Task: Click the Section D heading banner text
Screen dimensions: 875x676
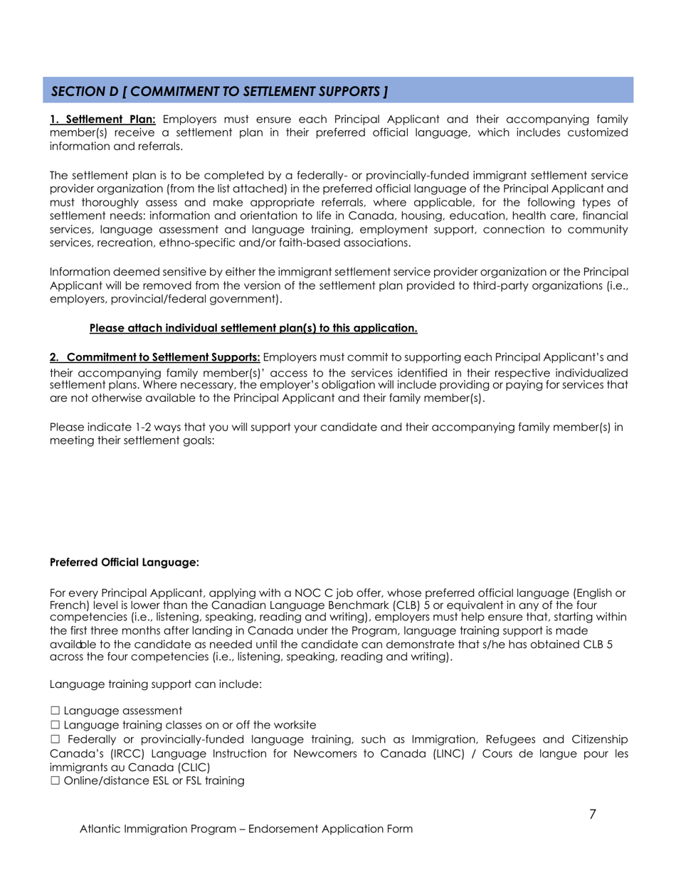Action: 220,92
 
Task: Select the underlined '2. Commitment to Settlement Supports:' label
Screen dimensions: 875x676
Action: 155,356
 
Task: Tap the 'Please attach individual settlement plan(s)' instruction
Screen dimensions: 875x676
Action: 253,329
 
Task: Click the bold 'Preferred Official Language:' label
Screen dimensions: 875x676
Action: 124,562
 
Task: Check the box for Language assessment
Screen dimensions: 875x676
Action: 55,711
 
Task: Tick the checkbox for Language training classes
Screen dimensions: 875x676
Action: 55,725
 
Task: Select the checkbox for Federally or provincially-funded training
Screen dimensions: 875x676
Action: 55,740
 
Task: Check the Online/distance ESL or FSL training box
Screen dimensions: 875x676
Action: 55,781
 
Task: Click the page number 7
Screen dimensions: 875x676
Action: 593,815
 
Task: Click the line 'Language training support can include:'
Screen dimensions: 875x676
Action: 156,684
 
